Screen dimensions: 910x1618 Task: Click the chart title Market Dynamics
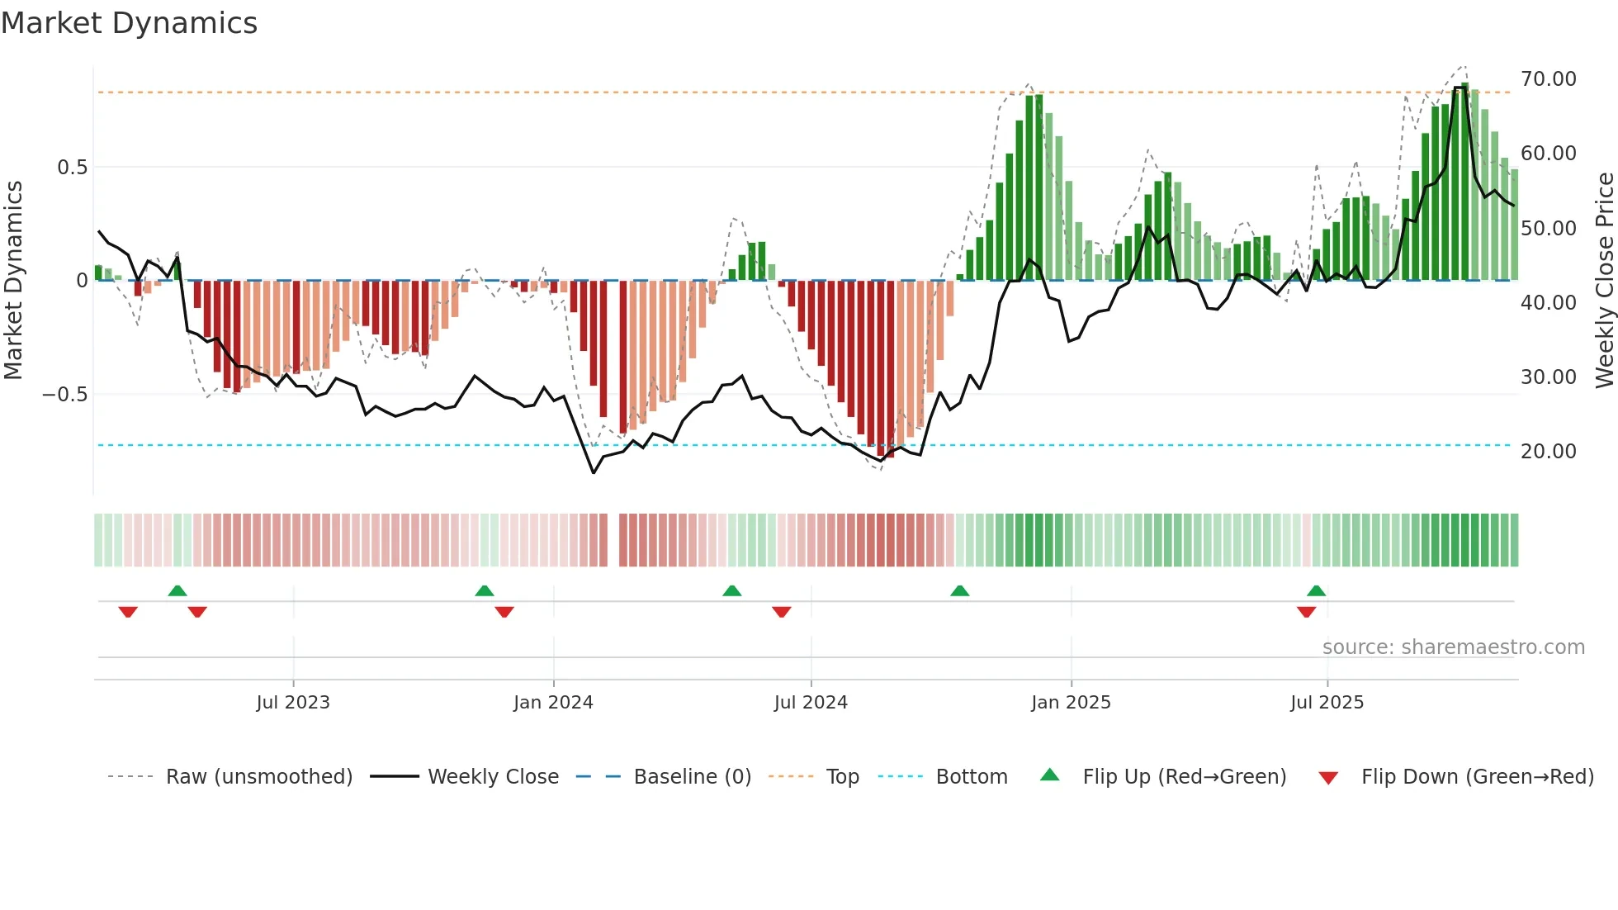pos(130,23)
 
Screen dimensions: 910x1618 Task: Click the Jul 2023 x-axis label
pos(293,703)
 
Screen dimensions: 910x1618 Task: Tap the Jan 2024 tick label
pos(553,703)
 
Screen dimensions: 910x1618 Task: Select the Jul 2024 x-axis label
pos(811,703)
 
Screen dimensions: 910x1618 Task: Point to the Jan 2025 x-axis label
pos(1071,703)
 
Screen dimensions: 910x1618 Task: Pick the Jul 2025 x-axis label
pos(1327,703)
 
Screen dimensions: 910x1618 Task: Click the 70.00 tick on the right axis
pos(1548,79)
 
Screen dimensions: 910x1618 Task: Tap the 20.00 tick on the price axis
pos(1548,452)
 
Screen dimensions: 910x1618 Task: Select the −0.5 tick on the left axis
pos(65,395)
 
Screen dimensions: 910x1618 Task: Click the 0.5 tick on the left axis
pos(72,168)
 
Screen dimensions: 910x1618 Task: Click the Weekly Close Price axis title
pos(1604,281)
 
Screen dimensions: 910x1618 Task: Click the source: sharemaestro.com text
pos(1453,647)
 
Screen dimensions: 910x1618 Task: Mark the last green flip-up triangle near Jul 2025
pos(1317,591)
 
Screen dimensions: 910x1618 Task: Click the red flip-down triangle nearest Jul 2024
pos(782,612)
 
